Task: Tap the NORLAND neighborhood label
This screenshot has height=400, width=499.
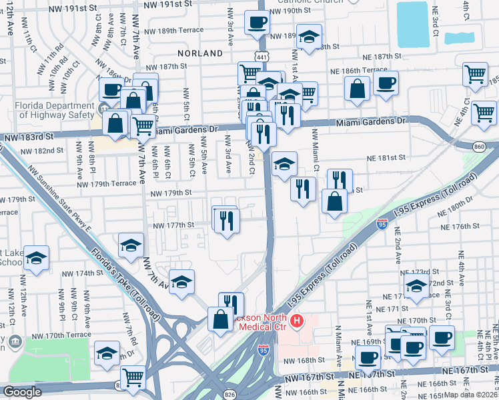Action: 200,53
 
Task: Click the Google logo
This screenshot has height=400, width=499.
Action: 22,392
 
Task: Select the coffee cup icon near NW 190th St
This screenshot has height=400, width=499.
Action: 257,23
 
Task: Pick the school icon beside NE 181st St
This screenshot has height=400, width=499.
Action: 284,164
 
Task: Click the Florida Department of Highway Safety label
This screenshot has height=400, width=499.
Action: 49,109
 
